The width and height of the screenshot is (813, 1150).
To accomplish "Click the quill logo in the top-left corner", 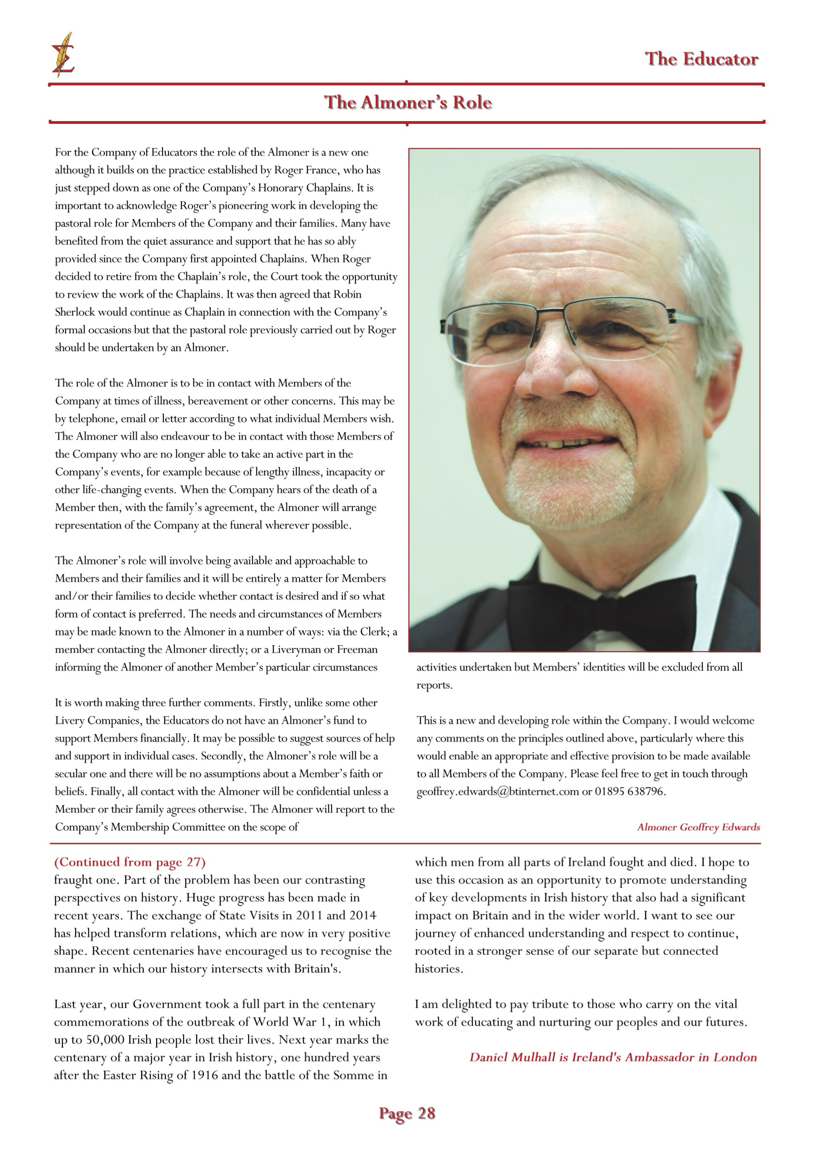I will (63, 55).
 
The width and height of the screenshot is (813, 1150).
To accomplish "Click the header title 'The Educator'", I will (701, 59).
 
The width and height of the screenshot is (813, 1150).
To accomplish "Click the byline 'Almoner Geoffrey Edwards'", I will (698, 827).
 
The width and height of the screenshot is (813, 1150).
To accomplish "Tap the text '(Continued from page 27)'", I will (130, 862).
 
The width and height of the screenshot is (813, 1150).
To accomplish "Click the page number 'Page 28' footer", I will (407, 1114).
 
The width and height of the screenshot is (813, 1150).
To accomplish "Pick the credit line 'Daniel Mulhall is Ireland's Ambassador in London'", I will (613, 1057).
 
